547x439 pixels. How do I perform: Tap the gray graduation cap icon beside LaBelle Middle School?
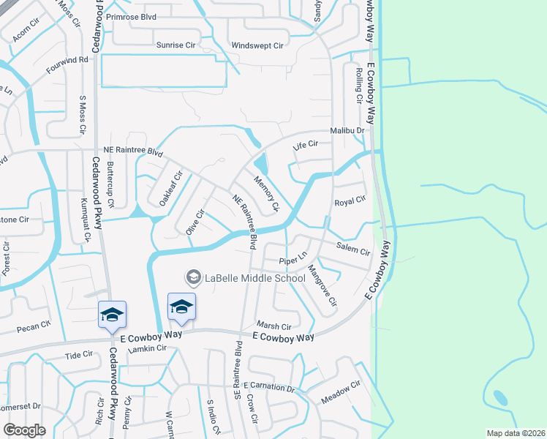(x=194, y=277)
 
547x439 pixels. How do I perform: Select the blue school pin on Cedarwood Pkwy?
(x=112, y=315)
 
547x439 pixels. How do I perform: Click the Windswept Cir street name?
(x=257, y=45)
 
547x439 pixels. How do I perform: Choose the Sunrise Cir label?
(x=176, y=45)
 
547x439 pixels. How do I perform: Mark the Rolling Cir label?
(x=359, y=86)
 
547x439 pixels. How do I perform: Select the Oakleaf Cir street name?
(x=170, y=188)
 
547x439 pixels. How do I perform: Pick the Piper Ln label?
(x=291, y=261)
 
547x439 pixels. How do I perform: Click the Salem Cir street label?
(x=353, y=250)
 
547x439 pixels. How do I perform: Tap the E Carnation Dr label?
(x=268, y=386)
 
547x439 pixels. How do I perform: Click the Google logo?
(x=24, y=430)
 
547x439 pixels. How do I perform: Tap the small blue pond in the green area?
(x=501, y=398)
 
